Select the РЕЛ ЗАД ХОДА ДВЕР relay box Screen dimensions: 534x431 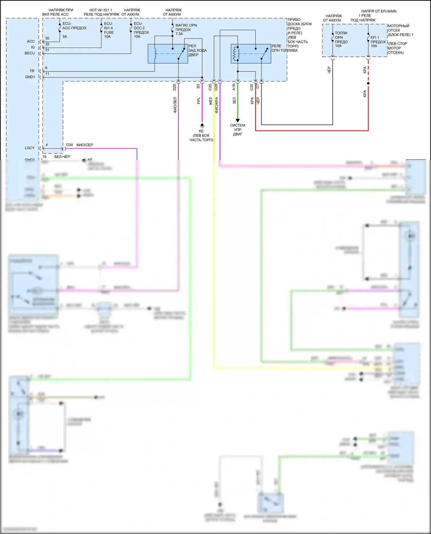pyautogui.click(x=168, y=54)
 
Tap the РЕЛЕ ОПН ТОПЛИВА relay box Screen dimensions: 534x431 pyautogui.click(x=251, y=54)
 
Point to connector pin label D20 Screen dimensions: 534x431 pyautogui.click(x=174, y=87)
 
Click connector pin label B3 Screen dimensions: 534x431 pyautogui.click(x=198, y=86)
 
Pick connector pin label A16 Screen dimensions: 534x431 pyautogui.click(x=234, y=87)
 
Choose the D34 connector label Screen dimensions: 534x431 pyautogui.click(x=70, y=145)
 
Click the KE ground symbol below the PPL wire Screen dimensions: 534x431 pyautogui.click(x=202, y=125)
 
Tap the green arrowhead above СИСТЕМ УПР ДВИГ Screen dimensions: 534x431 pyautogui.click(x=238, y=121)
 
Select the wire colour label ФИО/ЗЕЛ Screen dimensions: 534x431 pyautogui.click(x=175, y=105)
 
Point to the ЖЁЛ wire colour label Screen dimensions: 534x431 pyautogui.click(x=211, y=101)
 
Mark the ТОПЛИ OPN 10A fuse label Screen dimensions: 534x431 pyautogui.click(x=341, y=40)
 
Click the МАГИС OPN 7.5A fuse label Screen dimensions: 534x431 pyautogui.click(x=186, y=30)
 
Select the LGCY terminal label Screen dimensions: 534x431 pyautogui.click(x=30, y=148)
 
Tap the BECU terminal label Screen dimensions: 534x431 pyautogui.click(x=30, y=53)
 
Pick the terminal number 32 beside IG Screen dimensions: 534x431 pyautogui.click(x=47, y=44)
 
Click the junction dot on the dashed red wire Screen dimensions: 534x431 pyautogui.click(x=368, y=84)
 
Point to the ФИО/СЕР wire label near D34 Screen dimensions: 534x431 pyautogui.click(x=84, y=145)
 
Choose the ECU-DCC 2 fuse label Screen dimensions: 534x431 pyautogui.click(x=141, y=30)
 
